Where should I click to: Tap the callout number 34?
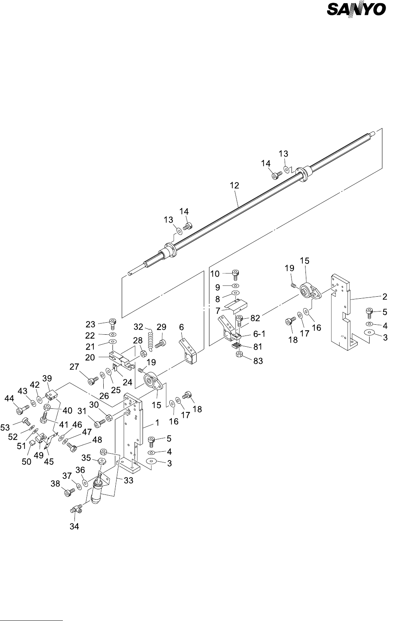(74, 527)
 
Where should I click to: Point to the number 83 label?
(259, 361)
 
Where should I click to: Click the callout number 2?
(384, 297)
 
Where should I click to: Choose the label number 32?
(138, 327)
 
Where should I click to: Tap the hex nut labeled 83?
(241, 354)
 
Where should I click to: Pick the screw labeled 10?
(236, 274)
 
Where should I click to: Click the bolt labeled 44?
(22, 410)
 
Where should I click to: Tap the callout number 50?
(26, 462)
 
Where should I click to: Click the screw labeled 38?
(69, 492)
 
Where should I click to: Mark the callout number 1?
(157, 422)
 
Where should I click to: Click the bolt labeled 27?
(93, 380)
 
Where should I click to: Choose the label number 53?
(5, 428)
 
